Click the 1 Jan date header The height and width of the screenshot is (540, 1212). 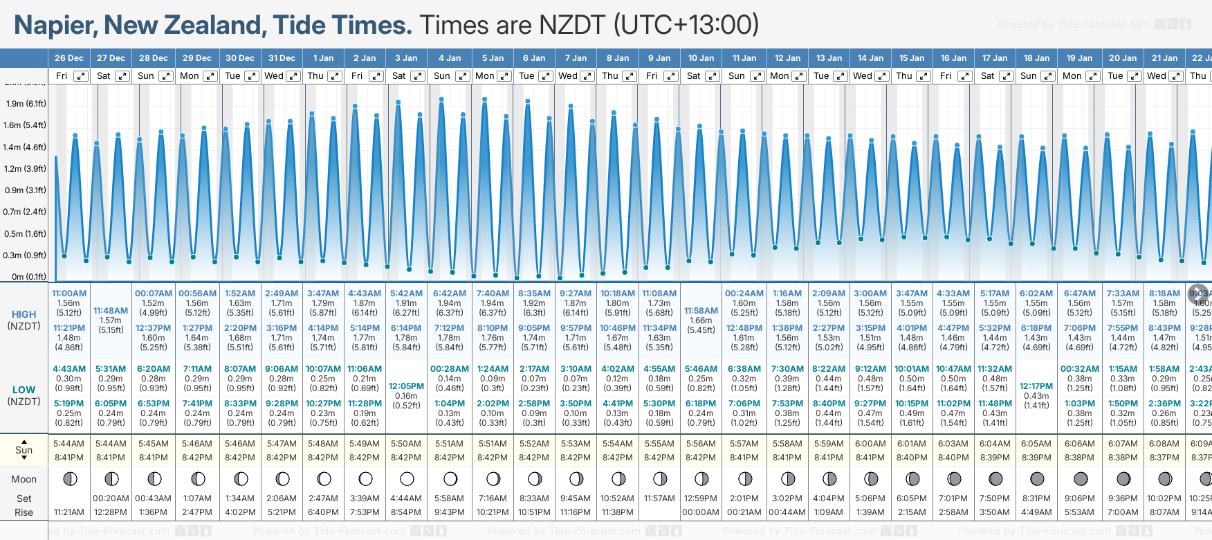[323, 58]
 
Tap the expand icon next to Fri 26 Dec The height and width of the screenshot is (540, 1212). [81, 76]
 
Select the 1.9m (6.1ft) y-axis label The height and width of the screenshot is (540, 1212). [26, 104]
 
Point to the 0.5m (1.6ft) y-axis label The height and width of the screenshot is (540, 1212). [26, 234]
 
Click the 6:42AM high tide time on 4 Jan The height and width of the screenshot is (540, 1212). [450, 294]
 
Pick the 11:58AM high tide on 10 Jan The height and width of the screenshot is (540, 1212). [701, 311]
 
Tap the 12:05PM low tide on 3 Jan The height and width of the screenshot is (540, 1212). [406, 386]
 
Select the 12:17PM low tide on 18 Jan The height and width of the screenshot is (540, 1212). [1036, 386]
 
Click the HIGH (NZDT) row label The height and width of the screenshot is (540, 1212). [24, 320]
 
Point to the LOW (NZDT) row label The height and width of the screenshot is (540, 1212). [24, 395]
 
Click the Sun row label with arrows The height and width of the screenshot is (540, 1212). [24, 450]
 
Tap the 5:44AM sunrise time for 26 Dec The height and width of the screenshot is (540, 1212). [68, 444]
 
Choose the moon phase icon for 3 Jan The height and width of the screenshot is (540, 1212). [407, 479]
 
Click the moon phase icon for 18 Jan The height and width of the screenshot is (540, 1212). [1037, 479]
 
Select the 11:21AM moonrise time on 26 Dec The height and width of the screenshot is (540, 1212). [68, 512]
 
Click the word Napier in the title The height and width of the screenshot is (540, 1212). [55, 25]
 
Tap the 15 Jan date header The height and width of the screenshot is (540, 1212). [912, 58]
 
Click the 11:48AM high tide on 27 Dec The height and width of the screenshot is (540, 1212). [111, 311]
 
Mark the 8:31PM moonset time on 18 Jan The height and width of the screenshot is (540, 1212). [1036, 498]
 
